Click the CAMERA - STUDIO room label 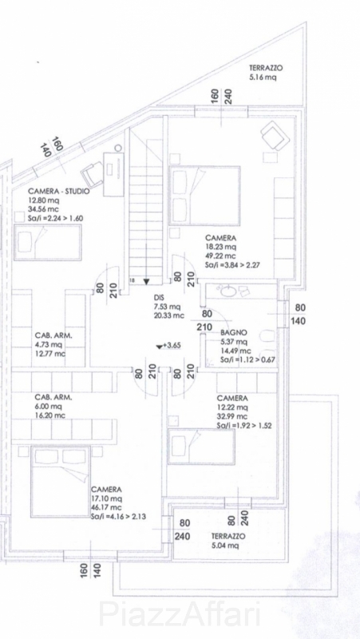[59, 192]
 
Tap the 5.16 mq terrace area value [263, 76]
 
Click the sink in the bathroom [226, 292]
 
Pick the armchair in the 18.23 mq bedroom [275, 137]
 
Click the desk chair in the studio [92, 174]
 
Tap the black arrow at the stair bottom [147, 281]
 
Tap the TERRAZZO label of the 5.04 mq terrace [228, 536]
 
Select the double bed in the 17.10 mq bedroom [61, 482]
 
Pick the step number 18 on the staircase [132, 280]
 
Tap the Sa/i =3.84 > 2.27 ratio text [232, 265]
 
